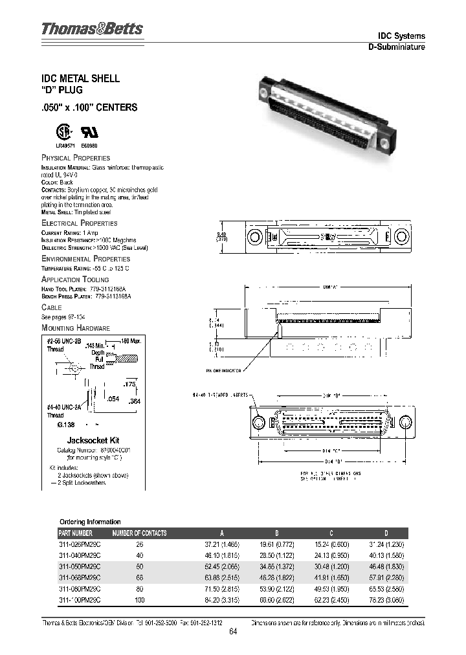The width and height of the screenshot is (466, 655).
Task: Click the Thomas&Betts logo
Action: point(93,29)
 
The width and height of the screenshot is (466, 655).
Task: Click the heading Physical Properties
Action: point(76,158)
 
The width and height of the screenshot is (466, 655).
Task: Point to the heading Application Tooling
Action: point(75,280)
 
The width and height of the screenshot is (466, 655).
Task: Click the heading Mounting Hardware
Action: point(76,328)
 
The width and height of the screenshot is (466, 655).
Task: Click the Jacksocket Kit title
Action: point(92,439)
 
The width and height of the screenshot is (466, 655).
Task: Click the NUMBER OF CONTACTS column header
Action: point(139,533)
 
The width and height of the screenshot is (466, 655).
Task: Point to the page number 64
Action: point(233,633)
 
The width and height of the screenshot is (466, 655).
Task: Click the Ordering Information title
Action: point(90,522)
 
